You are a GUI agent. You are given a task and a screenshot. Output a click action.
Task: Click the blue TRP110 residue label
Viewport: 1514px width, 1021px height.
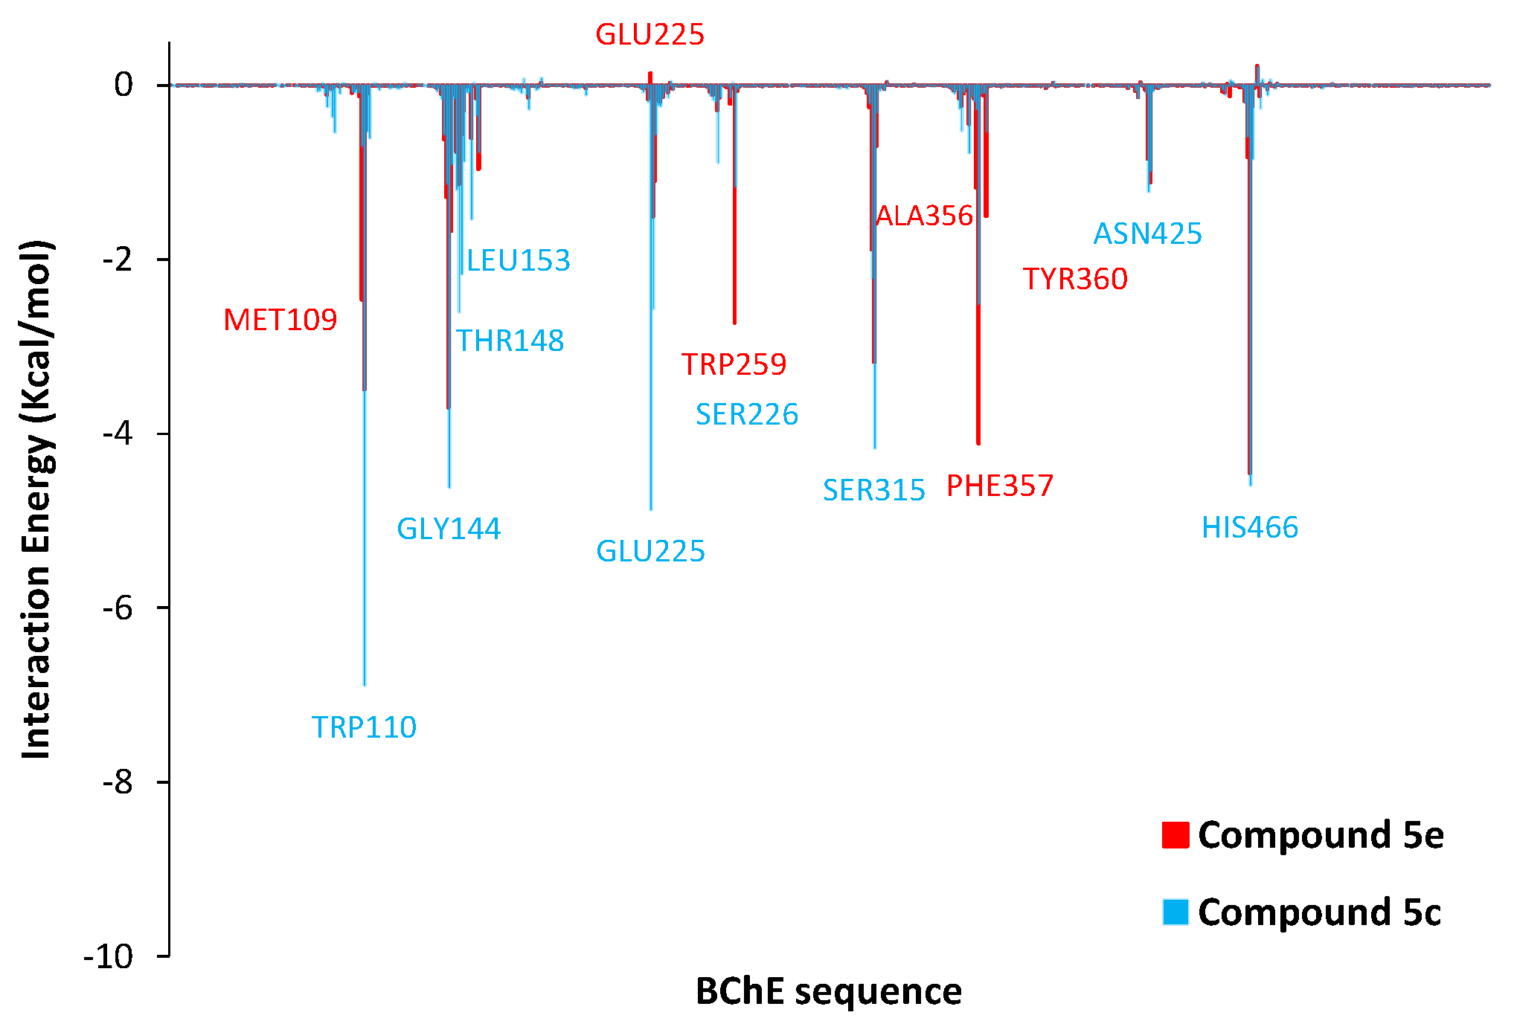[364, 727]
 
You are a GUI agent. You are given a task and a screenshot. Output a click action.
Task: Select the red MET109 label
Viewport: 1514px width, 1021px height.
[280, 320]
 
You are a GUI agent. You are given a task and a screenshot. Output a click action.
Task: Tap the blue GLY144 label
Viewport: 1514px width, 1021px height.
[449, 529]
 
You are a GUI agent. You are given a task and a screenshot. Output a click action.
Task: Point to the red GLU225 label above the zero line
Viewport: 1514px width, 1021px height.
[649, 34]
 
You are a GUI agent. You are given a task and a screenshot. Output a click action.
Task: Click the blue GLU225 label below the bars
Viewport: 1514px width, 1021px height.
[650, 551]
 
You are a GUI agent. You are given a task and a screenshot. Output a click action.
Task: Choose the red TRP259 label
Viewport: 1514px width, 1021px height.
[734, 364]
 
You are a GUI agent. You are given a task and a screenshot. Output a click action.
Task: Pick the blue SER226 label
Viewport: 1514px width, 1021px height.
[747, 414]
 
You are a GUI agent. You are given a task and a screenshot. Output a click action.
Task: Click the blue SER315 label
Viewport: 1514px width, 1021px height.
[873, 490]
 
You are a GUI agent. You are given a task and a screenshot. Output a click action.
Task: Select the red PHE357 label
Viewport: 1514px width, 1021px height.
[1000, 486]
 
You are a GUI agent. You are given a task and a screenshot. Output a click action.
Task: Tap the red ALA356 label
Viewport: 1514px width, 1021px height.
[924, 216]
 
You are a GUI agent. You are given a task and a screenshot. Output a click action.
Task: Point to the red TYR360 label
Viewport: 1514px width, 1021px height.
[1075, 279]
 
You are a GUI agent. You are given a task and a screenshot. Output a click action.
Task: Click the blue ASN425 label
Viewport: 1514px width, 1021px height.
[1147, 233]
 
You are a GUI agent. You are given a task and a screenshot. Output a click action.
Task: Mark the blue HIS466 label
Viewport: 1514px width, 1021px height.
[1250, 527]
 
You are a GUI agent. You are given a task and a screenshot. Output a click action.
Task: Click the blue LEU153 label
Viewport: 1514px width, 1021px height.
[518, 260]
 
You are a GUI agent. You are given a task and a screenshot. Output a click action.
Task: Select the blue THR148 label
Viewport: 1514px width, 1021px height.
[510, 341]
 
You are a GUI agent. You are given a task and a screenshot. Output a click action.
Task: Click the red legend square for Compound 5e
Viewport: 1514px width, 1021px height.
[1175, 835]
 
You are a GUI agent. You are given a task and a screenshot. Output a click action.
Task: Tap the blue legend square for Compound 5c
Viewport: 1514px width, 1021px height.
[1175, 912]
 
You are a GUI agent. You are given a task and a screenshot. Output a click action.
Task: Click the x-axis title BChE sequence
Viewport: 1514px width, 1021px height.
[829, 991]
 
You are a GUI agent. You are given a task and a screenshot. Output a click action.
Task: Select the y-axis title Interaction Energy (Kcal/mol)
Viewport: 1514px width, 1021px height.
[36, 500]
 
